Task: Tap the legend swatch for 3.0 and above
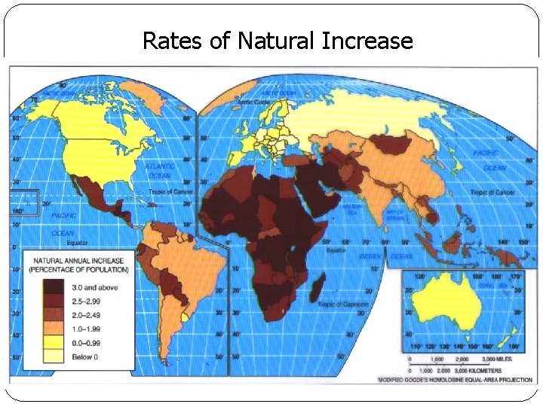[x=54, y=287]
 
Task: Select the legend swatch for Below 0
[x=54, y=356]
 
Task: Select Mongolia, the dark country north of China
[x=391, y=143]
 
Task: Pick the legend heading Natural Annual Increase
[x=78, y=264]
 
